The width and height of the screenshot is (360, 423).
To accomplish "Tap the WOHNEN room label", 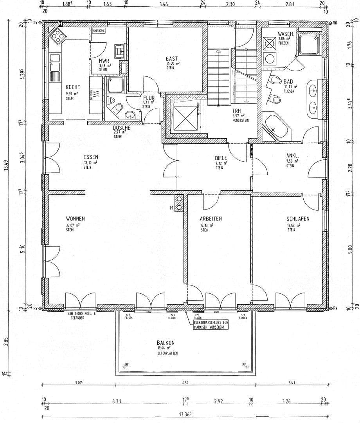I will pyautogui.click(x=75, y=219).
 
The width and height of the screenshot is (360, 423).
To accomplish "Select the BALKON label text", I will pyautogui.click(x=166, y=342).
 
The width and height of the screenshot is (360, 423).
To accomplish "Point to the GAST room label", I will pyautogui.click(x=172, y=58).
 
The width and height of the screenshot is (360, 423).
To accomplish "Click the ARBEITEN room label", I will pyautogui.click(x=211, y=219).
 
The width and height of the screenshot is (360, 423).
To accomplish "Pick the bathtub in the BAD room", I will pyautogui.click(x=275, y=127).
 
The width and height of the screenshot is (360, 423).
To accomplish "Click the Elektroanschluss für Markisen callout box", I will pyautogui.click(x=211, y=325).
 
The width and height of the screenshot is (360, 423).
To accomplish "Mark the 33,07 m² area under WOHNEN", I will pyautogui.click(x=73, y=225).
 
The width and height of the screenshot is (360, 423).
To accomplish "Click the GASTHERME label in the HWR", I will pyautogui.click(x=98, y=30).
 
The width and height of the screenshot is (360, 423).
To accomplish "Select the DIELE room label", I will pyautogui.click(x=221, y=157).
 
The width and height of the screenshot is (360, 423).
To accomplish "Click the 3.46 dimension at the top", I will pyautogui.click(x=164, y=5).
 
